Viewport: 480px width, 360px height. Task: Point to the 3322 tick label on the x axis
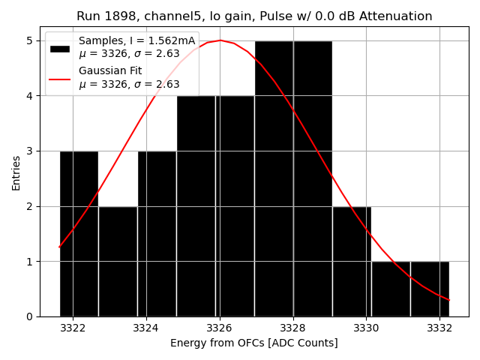coord(73,328)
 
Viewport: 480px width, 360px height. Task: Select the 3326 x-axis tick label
coord(220,328)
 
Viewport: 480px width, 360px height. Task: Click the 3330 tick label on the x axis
coord(366,328)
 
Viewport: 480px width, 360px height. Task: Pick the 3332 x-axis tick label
coord(439,328)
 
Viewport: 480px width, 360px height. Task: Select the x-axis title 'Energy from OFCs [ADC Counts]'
coord(254,343)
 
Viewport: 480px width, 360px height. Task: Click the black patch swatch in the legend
coord(60,48)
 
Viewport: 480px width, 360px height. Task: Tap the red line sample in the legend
coord(60,78)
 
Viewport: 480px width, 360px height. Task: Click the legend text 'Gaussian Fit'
coord(111,70)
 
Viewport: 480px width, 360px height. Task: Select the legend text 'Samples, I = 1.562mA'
coord(136,40)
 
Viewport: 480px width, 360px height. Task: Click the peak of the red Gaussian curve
coord(220,40)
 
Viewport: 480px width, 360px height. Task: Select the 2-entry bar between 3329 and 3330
coord(351,262)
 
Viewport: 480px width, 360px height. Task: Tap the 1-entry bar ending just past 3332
coord(430,289)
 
